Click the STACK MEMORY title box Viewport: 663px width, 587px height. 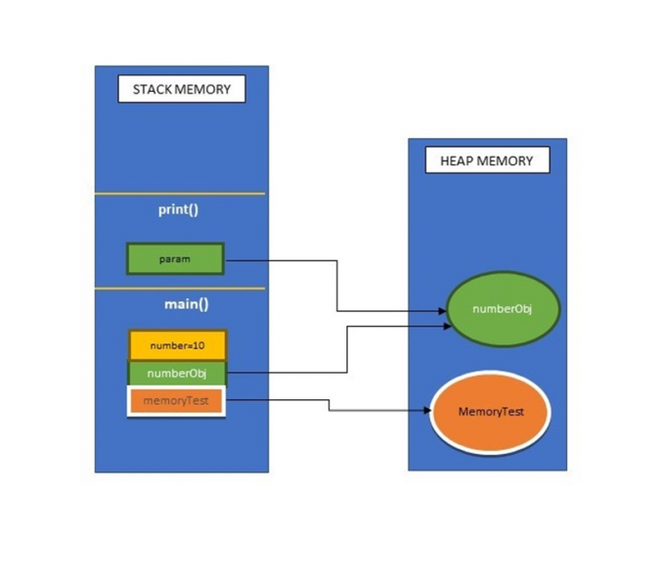182,89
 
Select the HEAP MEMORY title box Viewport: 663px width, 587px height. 488,160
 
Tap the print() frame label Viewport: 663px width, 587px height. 178,209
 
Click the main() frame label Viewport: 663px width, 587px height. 187,304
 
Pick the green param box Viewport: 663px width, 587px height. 175,259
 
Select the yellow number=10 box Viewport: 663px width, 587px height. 178,345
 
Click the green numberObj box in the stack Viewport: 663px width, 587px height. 177,374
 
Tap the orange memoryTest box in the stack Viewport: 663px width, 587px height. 176,401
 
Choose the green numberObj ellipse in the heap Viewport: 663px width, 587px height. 504,309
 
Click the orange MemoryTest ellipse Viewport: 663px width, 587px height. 491,412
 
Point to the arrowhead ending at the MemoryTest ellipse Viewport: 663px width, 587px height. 427,410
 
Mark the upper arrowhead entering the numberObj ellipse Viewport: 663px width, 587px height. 442,311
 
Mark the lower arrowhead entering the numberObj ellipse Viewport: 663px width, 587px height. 447,326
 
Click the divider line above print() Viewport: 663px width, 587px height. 180,194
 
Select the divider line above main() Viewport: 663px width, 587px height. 180,289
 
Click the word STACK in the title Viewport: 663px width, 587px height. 153,89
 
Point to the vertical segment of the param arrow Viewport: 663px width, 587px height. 337,286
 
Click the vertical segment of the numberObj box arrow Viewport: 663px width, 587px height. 347,349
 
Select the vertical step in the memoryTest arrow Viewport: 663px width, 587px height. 329,405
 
